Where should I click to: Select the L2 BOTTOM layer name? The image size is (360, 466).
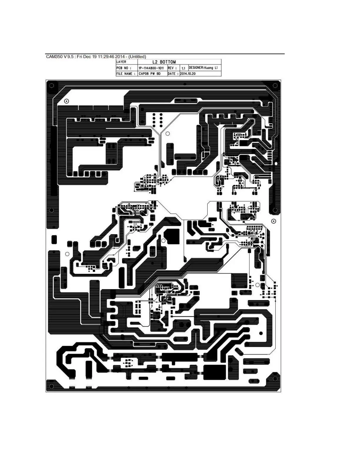[164, 62]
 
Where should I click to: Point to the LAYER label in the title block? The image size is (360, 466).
[121, 62]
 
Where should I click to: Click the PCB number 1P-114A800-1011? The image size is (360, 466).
[151, 68]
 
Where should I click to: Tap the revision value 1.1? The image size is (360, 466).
[183, 68]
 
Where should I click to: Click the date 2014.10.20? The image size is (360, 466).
[188, 74]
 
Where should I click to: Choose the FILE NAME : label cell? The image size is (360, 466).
[126, 74]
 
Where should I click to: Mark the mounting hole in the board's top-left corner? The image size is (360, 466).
[52, 86]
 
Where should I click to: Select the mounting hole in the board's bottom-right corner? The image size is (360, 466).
[275, 378]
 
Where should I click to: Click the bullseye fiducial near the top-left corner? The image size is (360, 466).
[66, 101]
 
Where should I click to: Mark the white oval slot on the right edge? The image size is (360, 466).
[276, 164]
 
